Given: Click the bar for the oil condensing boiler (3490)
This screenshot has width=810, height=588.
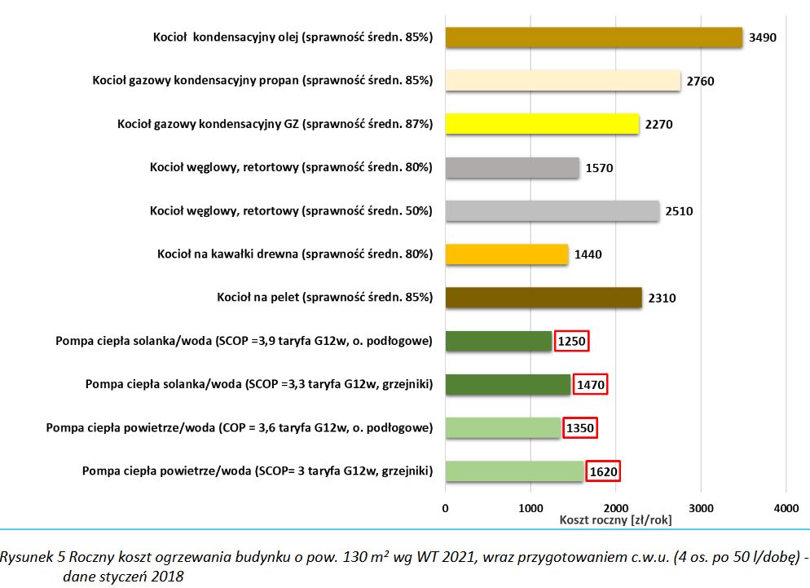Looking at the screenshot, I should click(593, 38).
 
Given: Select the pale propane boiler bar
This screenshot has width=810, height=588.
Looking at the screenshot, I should click(562, 81).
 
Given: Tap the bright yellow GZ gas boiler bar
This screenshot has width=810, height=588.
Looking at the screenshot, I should click(542, 124).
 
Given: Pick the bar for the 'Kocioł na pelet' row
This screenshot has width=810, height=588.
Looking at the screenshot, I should click(544, 298).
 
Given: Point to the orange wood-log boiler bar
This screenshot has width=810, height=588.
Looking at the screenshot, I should click(506, 254).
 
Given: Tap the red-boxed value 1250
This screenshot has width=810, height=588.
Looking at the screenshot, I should click(571, 341).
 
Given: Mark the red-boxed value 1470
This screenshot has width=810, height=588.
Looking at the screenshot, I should click(590, 384).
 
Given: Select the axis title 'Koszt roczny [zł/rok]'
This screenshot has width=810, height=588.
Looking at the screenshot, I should click(616, 519).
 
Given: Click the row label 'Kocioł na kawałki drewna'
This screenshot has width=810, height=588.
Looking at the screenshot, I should click(294, 254).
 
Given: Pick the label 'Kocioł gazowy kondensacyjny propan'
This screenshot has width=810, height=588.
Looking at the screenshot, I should click(262, 81).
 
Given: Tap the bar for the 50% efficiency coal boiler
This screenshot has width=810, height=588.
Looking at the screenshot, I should click(552, 211).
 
